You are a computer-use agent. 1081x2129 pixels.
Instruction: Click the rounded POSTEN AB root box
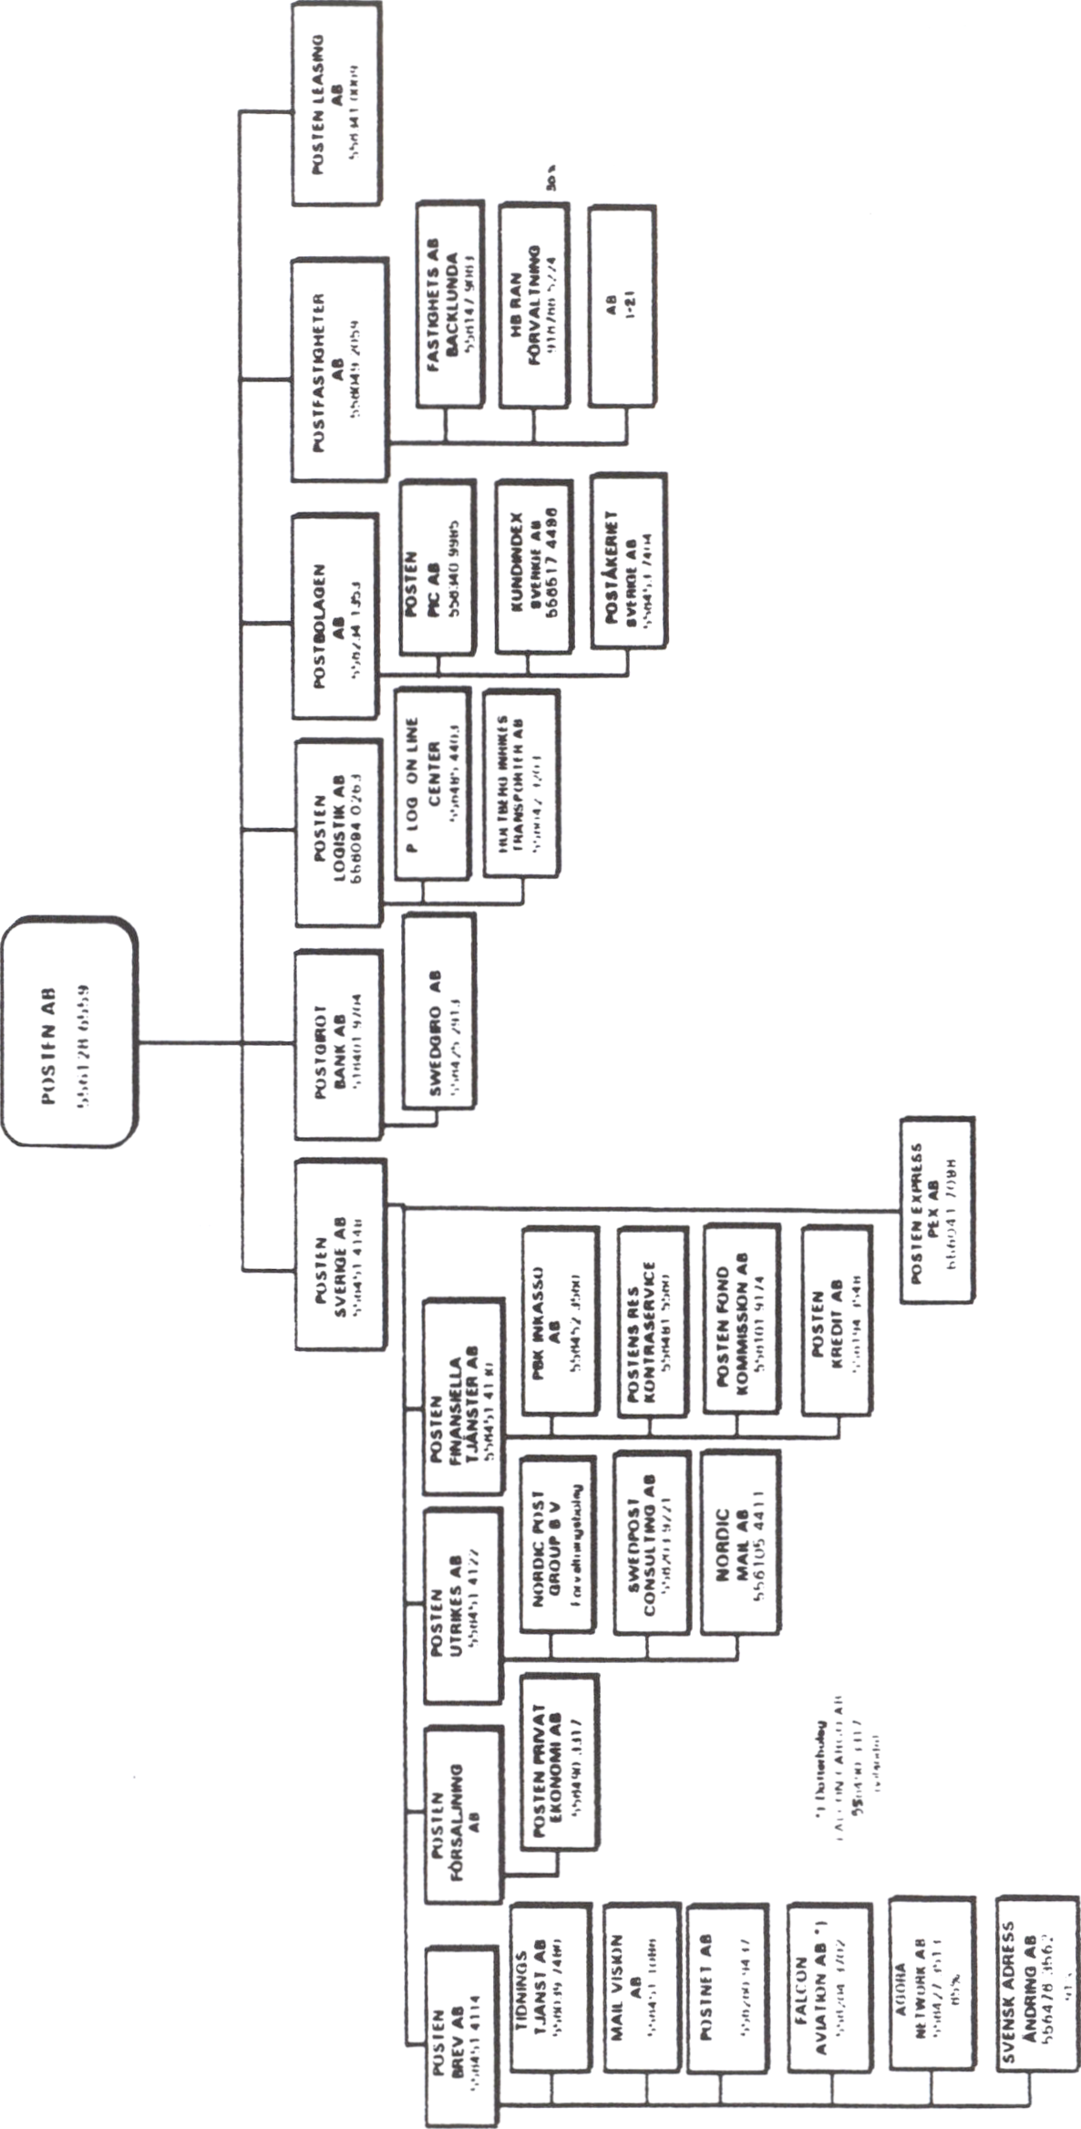tap(69, 1031)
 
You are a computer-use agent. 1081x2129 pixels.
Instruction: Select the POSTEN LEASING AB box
tap(335, 106)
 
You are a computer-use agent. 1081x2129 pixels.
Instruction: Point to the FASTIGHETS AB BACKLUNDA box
tap(448, 305)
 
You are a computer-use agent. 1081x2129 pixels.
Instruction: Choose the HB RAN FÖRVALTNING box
tap(534, 305)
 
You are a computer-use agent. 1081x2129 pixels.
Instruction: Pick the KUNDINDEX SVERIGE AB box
tap(534, 565)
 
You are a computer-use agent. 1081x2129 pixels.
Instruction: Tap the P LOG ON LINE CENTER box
tap(433, 784)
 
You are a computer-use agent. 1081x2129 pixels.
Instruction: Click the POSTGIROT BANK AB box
tap(337, 1045)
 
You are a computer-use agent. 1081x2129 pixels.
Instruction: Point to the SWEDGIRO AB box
tap(439, 1012)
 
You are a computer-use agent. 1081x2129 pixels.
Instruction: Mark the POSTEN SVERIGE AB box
tap(339, 1254)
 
